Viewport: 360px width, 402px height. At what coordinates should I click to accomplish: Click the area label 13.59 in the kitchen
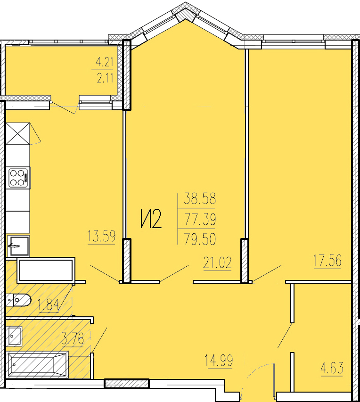[101, 236]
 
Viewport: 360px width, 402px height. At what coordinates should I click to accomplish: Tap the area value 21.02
[217, 263]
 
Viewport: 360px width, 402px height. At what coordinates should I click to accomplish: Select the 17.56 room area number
[327, 261]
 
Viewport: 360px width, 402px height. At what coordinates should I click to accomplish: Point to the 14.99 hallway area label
[219, 360]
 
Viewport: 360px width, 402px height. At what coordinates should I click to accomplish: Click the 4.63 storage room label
[332, 368]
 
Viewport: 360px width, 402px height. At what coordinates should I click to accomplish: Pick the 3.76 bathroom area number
[73, 339]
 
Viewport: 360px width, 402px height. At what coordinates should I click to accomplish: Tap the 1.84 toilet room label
[49, 305]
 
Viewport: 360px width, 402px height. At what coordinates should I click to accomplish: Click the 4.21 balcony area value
[104, 62]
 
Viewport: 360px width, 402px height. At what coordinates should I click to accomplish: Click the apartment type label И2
[151, 218]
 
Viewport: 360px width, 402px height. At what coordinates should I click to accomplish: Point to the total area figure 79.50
[200, 239]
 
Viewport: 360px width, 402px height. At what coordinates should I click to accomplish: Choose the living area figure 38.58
[200, 198]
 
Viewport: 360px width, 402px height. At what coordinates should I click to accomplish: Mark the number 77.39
[200, 219]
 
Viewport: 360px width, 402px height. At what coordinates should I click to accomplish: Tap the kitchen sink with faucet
[18, 246]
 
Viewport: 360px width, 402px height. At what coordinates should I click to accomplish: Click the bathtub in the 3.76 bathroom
[38, 365]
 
